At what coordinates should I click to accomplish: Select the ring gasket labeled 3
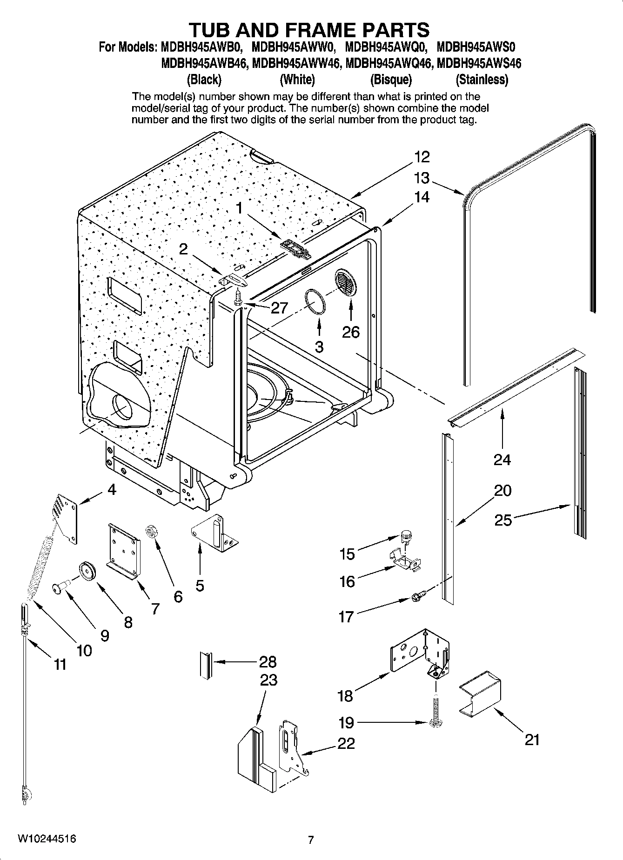(315, 302)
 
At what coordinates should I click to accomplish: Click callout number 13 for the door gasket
(422, 178)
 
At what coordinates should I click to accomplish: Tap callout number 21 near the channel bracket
(532, 740)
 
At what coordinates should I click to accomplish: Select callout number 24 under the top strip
(502, 460)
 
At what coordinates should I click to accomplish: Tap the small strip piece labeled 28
(205, 665)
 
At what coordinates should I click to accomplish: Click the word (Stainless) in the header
(482, 80)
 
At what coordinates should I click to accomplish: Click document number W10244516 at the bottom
(47, 839)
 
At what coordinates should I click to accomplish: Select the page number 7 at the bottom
(311, 840)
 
